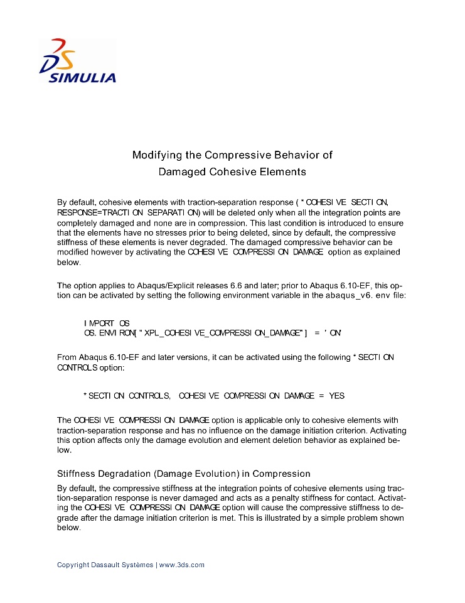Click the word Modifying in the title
click(156, 155)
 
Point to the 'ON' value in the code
click(333, 333)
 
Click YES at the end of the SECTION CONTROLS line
click(336, 396)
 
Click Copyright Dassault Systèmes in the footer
click(105, 565)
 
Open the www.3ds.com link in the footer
click(182, 565)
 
